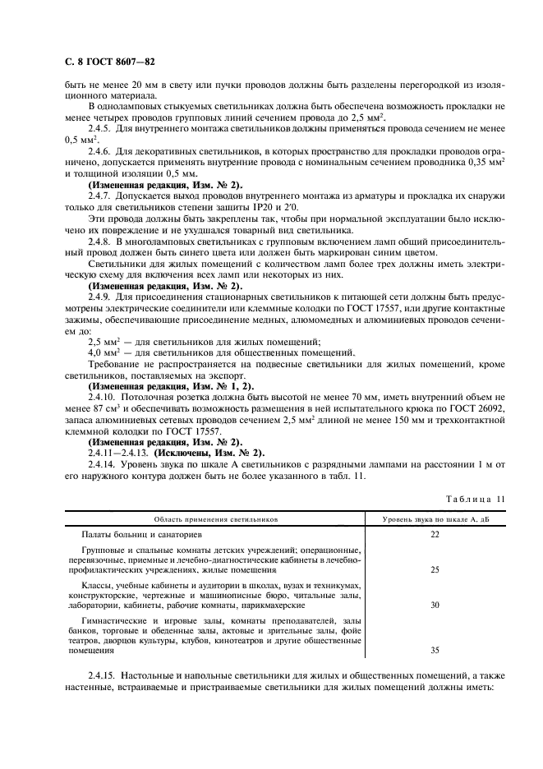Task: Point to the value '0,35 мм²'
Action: coord(477,163)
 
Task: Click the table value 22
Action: coord(435,534)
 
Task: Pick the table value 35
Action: coord(435,649)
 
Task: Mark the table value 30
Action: coord(435,604)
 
